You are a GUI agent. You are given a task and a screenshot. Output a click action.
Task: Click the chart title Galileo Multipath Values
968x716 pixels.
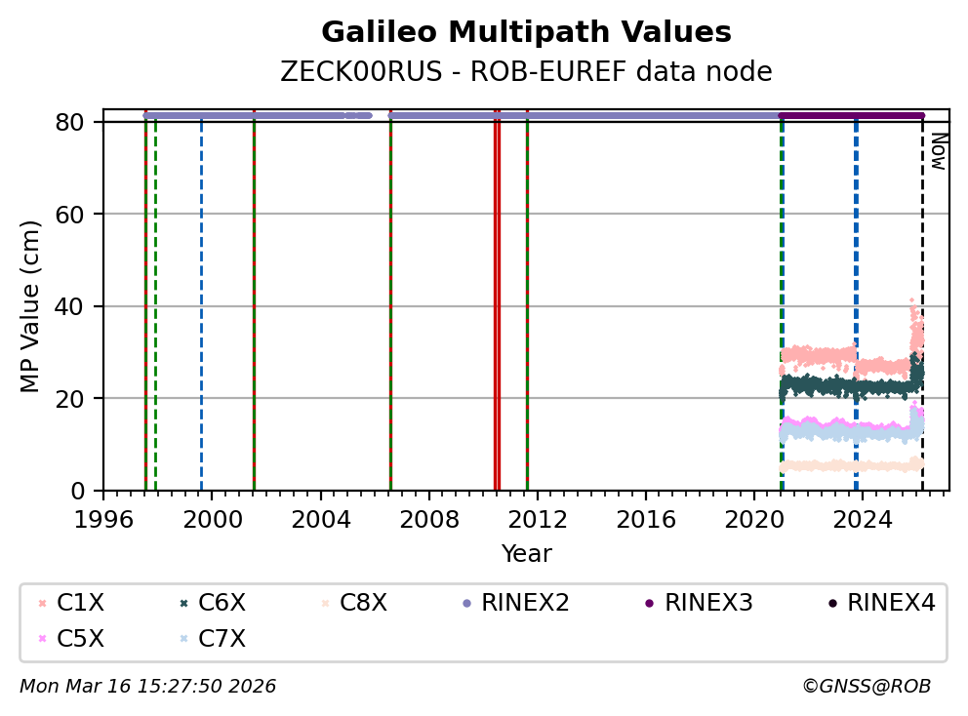coord(526,33)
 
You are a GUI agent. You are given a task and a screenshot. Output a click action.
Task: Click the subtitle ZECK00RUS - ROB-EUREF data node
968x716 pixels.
coord(526,72)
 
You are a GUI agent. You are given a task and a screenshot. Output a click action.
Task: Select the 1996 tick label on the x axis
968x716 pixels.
coord(103,518)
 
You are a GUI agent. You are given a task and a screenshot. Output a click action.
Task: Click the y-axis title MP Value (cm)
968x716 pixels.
coord(31,306)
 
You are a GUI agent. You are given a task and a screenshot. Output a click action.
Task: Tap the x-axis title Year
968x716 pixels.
coord(526,555)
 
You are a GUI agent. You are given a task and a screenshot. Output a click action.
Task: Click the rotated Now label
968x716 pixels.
coord(938,151)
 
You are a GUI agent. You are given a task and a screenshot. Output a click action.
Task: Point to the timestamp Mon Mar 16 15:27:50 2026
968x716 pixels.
coord(147,687)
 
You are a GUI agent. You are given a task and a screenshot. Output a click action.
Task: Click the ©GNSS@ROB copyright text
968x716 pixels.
coord(867,687)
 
